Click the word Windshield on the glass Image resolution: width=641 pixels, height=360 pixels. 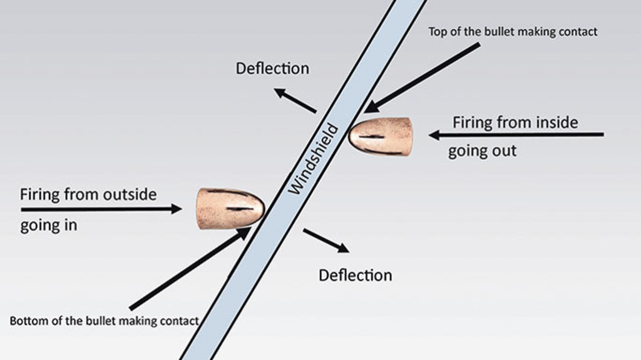(314, 159)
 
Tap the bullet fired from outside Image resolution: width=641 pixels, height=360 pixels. (230, 208)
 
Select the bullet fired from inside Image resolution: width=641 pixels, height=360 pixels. (381, 136)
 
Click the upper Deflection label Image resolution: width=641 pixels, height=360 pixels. (272, 68)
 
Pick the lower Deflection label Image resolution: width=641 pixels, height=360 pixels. (356, 275)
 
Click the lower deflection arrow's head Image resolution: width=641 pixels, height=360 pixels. (343, 247)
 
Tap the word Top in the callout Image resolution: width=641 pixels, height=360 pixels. (438, 31)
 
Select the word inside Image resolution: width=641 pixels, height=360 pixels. (557, 122)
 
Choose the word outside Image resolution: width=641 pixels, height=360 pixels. (130, 194)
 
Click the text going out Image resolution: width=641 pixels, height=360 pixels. (483, 151)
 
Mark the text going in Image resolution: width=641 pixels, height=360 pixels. (49, 225)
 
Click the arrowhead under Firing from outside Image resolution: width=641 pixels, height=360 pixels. (176, 209)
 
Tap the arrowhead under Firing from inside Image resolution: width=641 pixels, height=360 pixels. (434, 135)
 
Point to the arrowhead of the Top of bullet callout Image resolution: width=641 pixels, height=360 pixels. (370, 108)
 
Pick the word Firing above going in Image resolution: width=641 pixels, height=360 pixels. (40, 194)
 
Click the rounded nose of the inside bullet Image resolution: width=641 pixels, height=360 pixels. (352, 136)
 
